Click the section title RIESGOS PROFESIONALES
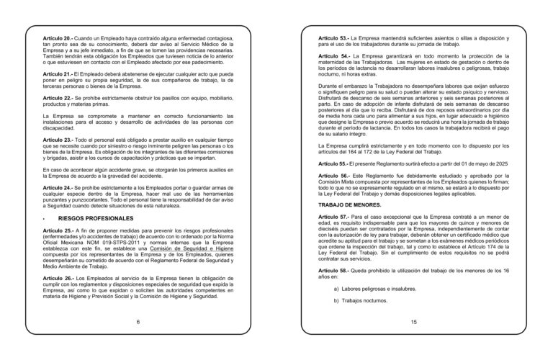91,217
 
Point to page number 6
138,322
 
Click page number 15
414,322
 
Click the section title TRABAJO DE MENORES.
350,205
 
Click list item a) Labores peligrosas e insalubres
375,289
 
